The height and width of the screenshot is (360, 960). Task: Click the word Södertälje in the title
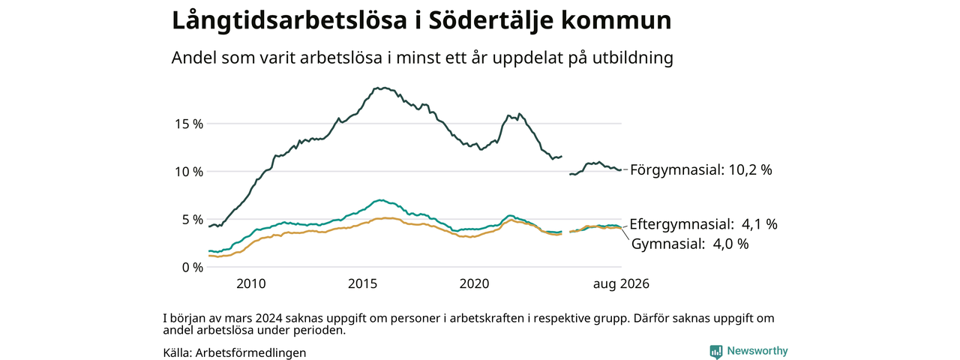coord(485,20)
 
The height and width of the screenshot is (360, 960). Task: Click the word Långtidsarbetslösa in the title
coord(289,20)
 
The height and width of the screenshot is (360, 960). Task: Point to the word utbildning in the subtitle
coord(633,58)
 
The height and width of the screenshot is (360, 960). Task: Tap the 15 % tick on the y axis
coord(189,124)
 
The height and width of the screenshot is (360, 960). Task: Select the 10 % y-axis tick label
coord(189,172)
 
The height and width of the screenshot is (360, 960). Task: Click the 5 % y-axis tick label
coord(193,220)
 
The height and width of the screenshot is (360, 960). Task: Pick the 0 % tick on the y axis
coord(193,268)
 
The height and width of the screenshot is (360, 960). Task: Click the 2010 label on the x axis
coord(251,283)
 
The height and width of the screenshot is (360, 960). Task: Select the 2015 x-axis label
coord(362,283)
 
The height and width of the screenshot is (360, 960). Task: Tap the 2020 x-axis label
coord(475,283)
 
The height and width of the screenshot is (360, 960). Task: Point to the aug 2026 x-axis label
coord(621,283)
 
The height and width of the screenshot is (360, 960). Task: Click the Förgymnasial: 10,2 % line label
coord(701,170)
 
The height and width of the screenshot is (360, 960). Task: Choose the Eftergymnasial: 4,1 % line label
coord(703,224)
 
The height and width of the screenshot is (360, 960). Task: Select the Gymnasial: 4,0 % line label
coord(690,244)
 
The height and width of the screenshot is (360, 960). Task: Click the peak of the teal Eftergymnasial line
coord(380,199)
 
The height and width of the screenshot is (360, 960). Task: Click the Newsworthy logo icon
coord(715,352)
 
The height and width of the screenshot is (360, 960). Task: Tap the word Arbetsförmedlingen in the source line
coord(250,352)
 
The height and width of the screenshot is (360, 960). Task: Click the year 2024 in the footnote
coord(268,319)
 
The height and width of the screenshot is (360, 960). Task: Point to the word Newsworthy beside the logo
coord(757,351)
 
